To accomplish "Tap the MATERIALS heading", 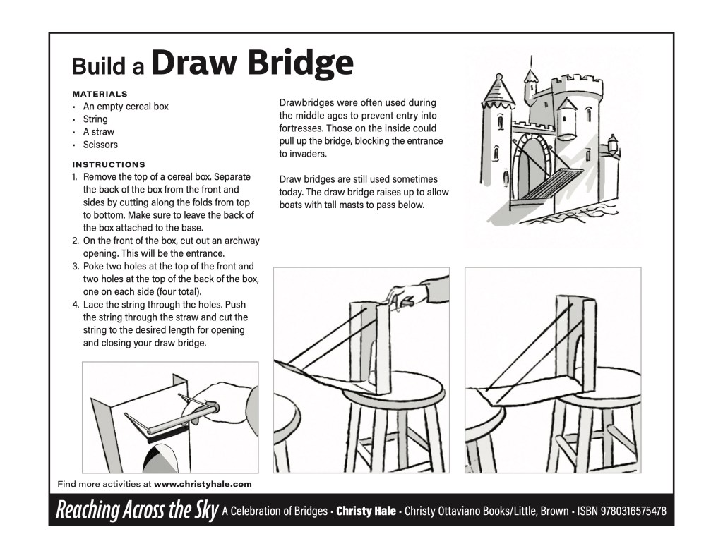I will click(100, 93).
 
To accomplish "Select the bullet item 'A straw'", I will click(98, 132).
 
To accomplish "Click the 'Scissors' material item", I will click(100, 145).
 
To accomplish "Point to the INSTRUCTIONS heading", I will click(109, 164).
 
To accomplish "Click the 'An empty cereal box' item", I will click(126, 107).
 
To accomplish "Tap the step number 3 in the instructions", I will click(75, 267).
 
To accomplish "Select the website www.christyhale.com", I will click(203, 484).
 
